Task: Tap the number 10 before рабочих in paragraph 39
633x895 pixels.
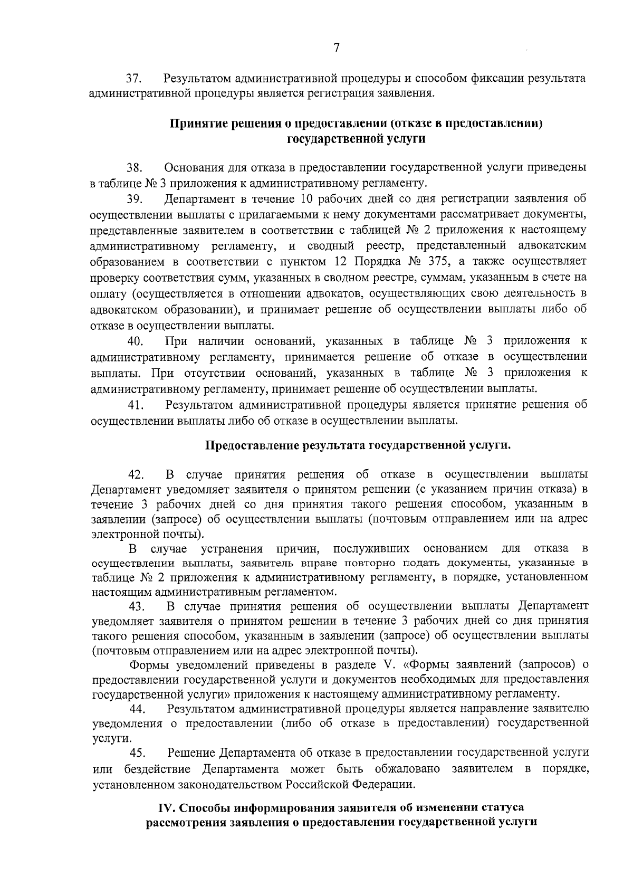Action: (x=308, y=199)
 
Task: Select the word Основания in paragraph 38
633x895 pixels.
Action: (x=190, y=168)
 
